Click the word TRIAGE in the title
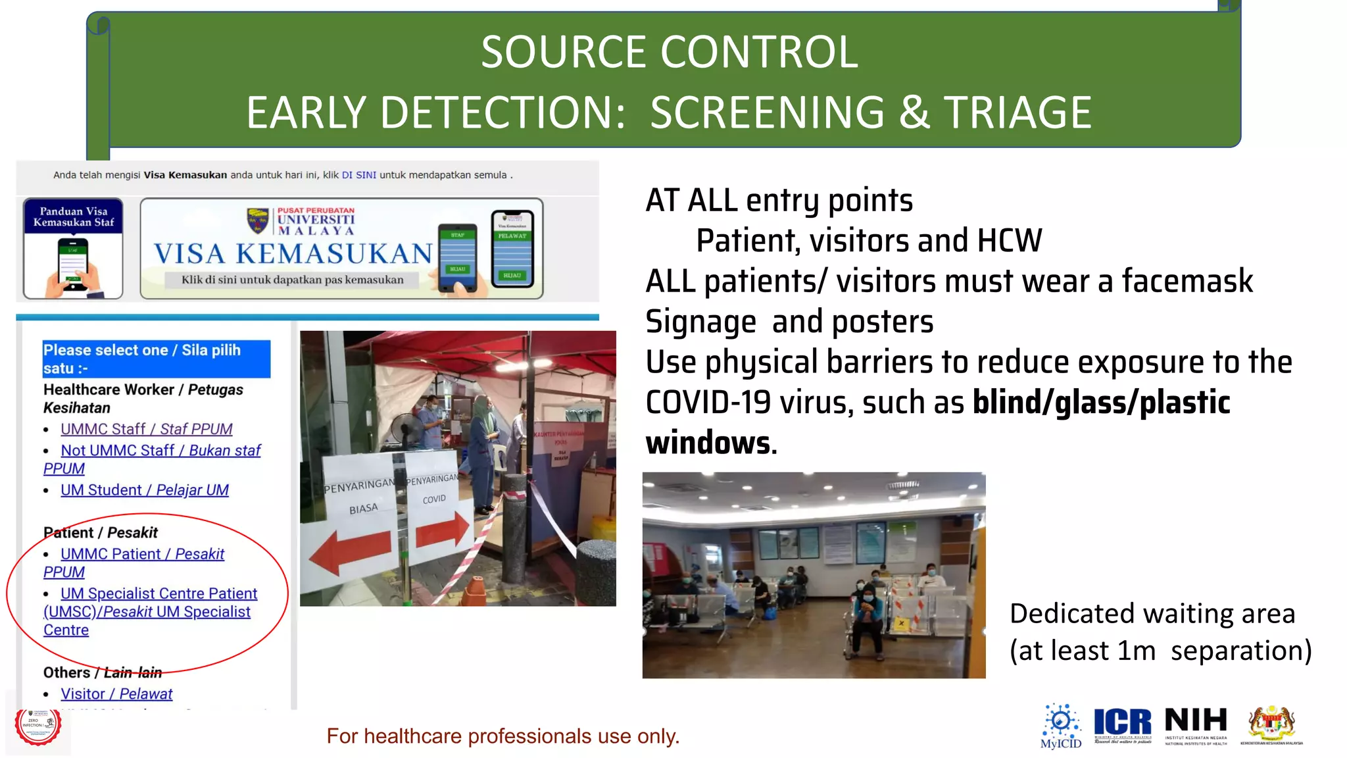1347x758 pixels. coord(1017,113)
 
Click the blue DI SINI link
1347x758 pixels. coord(358,175)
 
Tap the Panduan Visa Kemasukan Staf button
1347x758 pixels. coord(73,248)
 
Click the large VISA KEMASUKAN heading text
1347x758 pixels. coord(293,254)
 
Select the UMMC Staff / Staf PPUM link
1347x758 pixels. coord(146,429)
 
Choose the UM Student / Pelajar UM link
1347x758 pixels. coord(144,490)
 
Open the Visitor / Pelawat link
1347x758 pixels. coord(116,694)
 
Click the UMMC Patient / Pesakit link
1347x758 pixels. coord(142,554)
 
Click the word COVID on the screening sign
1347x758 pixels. coord(434,499)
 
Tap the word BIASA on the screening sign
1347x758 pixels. coord(363,509)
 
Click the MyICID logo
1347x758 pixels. coord(1060,726)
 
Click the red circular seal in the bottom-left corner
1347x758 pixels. coord(38,726)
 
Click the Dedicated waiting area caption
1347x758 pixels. coord(1152,613)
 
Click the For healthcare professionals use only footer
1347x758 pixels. coord(502,736)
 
